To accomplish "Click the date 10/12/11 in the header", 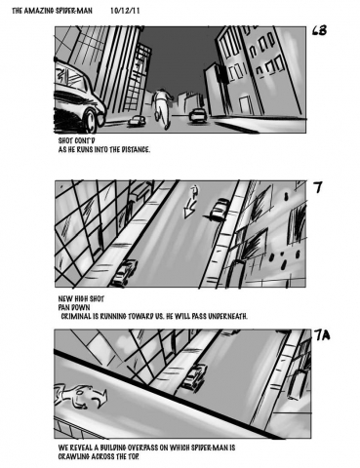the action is [125, 11].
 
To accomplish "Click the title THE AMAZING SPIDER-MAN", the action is [52, 11].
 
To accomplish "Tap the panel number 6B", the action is [319, 30].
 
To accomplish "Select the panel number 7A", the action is [322, 334].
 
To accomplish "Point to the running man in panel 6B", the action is [162, 108].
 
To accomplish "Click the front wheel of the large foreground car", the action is [91, 120].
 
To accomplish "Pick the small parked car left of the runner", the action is [137, 121].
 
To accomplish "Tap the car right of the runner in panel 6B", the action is [198, 116].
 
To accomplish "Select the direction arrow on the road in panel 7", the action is [189, 210].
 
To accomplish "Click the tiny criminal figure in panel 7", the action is [194, 192].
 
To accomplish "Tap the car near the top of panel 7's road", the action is [219, 210].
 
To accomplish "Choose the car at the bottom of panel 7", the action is [124, 273].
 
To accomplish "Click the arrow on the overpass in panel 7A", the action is [81, 396].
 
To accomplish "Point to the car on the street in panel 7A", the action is [194, 376].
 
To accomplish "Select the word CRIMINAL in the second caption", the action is [76, 316].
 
